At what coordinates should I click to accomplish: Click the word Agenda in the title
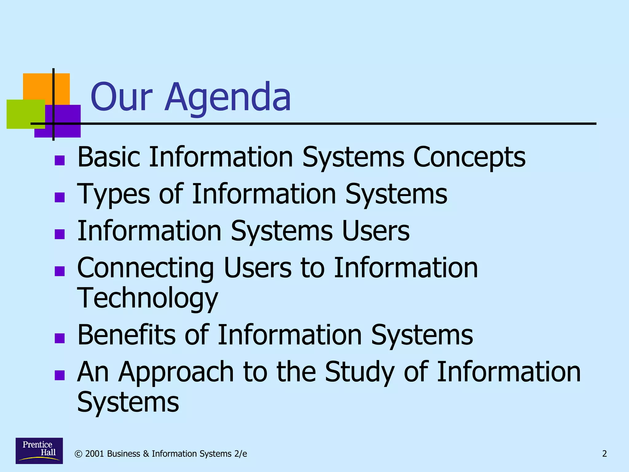[228, 98]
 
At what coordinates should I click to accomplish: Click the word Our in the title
[121, 98]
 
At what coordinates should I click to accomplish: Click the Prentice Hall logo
[39, 450]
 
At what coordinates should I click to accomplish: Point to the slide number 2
[604, 454]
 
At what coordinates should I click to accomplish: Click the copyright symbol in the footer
[79, 454]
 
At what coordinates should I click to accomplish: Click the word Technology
[147, 299]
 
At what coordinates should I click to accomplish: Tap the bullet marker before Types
[60, 197]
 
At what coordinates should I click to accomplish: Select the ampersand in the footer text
[146, 454]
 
